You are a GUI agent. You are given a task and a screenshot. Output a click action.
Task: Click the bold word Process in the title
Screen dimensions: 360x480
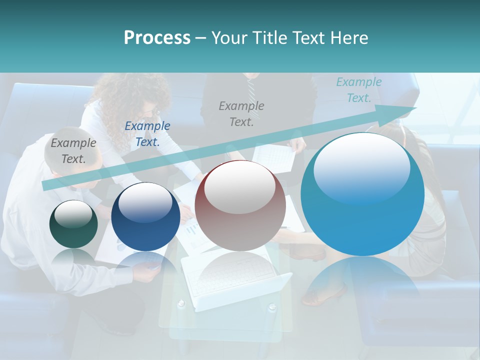tap(157, 38)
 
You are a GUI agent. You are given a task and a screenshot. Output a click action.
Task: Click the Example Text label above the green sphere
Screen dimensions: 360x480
tap(73, 151)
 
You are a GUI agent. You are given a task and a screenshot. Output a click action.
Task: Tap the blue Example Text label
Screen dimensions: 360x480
tap(147, 134)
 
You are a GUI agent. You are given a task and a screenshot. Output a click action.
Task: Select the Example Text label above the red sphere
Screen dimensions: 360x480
tap(241, 113)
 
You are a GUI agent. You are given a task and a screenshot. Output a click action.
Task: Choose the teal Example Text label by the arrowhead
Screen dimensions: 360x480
tap(358, 90)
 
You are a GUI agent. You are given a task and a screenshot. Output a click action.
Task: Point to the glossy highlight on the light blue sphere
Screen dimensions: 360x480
tap(361, 167)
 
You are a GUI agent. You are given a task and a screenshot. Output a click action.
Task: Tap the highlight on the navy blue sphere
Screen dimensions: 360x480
tap(145, 201)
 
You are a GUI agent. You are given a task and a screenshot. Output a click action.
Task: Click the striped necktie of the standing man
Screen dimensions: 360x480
tap(251, 90)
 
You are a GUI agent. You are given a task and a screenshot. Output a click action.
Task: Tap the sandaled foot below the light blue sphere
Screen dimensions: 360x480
tap(325, 295)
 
